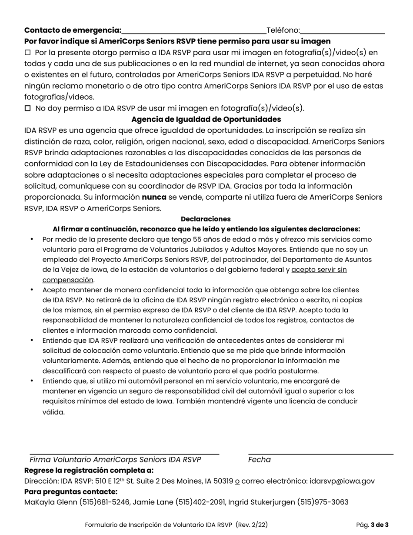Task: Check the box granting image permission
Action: click(28, 53)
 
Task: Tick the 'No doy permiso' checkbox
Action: click(28, 108)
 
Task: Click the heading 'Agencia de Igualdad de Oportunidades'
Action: click(206, 119)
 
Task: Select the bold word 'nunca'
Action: click(154, 197)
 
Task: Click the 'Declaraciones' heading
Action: click(206, 219)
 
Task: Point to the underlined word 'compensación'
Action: click(67, 280)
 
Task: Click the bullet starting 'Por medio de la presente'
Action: click(32, 240)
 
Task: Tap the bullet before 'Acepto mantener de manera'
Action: click(32, 290)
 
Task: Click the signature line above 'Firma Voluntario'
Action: click(124, 453)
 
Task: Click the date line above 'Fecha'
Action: click(320, 453)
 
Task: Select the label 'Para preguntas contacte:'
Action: click(71, 492)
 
